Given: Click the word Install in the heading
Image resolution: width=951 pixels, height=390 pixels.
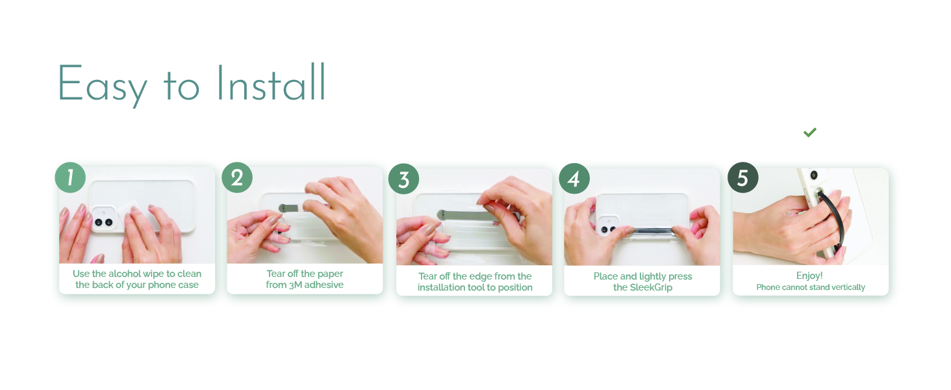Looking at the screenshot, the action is click(271, 82).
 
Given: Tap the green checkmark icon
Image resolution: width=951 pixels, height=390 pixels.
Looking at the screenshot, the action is click(809, 133).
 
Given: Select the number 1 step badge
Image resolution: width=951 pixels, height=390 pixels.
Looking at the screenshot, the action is click(70, 177).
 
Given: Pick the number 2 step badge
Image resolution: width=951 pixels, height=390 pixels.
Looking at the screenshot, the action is click(237, 177).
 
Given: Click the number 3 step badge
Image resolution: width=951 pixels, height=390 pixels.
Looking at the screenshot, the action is click(404, 179).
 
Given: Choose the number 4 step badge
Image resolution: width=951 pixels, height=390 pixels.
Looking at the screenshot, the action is click(574, 179).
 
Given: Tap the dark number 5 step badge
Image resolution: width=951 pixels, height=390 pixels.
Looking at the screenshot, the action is click(743, 177).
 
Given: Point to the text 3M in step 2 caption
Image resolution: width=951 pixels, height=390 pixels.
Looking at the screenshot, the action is click(296, 285).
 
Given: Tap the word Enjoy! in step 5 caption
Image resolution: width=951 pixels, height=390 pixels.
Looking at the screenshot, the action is click(809, 276).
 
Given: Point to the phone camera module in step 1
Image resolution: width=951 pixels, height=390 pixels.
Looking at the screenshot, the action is click(103, 219).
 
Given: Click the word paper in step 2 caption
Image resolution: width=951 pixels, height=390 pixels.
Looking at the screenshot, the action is click(330, 274).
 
